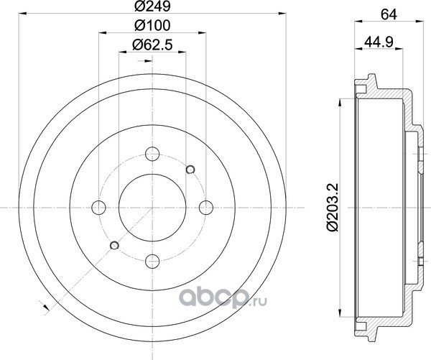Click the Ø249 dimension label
pos(152,6)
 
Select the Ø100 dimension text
pos(152,26)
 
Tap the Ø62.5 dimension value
pos(152,45)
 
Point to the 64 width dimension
pos(389,14)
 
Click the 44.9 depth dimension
pos(379,42)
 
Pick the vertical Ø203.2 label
pos(332,208)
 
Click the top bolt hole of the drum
pos(152,154)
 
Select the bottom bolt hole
pos(152,261)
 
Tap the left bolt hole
pos(98,208)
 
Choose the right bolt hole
pos(206,208)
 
